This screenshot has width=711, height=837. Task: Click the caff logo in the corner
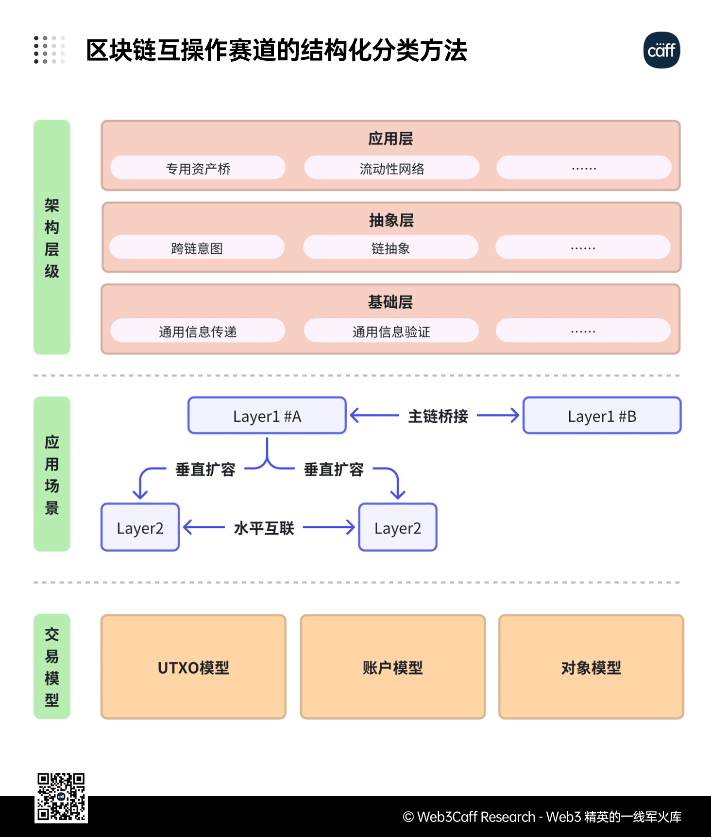[661, 50]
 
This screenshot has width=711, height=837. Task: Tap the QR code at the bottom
[61, 797]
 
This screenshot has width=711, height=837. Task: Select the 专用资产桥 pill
[198, 168]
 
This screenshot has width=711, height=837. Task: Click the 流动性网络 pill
[391, 168]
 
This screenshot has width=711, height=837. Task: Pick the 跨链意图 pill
[197, 248]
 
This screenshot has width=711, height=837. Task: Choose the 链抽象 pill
[390, 248]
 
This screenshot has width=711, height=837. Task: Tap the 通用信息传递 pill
[198, 331]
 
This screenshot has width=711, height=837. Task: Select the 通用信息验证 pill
[391, 331]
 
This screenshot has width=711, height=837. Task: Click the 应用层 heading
[390, 139]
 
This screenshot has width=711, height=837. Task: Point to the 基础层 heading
[390, 302]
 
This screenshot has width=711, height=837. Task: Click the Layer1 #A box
[267, 416]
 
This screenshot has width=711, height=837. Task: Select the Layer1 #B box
[602, 416]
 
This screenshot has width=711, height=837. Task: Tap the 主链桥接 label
[438, 416]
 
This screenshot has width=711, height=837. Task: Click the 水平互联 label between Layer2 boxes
[264, 528]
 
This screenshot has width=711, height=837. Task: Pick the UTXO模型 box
[193, 667]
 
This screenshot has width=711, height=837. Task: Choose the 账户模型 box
[392, 667]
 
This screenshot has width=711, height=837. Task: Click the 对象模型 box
[591, 667]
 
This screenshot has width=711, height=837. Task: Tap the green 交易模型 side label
[52, 666]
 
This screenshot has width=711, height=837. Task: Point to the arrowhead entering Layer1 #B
[515, 416]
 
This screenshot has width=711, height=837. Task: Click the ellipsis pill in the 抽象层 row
[583, 248]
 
